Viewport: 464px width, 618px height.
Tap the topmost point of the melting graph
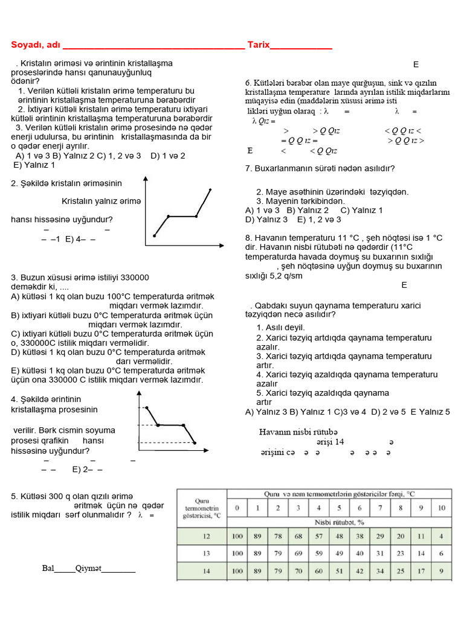(211, 190)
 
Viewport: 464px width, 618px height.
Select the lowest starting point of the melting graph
(154, 236)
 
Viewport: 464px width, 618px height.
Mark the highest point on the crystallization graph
(147, 408)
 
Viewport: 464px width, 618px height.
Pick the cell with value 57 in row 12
(319, 536)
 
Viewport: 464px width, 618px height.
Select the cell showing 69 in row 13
(298, 553)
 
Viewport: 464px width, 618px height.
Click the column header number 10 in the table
(441, 507)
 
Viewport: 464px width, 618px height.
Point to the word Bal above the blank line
(48, 569)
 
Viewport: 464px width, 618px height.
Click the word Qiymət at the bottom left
(88, 569)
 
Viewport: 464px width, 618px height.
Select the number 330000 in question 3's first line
(135, 278)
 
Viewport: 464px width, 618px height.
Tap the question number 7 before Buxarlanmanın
(248, 168)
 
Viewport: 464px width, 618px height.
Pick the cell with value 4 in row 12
(442, 536)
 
